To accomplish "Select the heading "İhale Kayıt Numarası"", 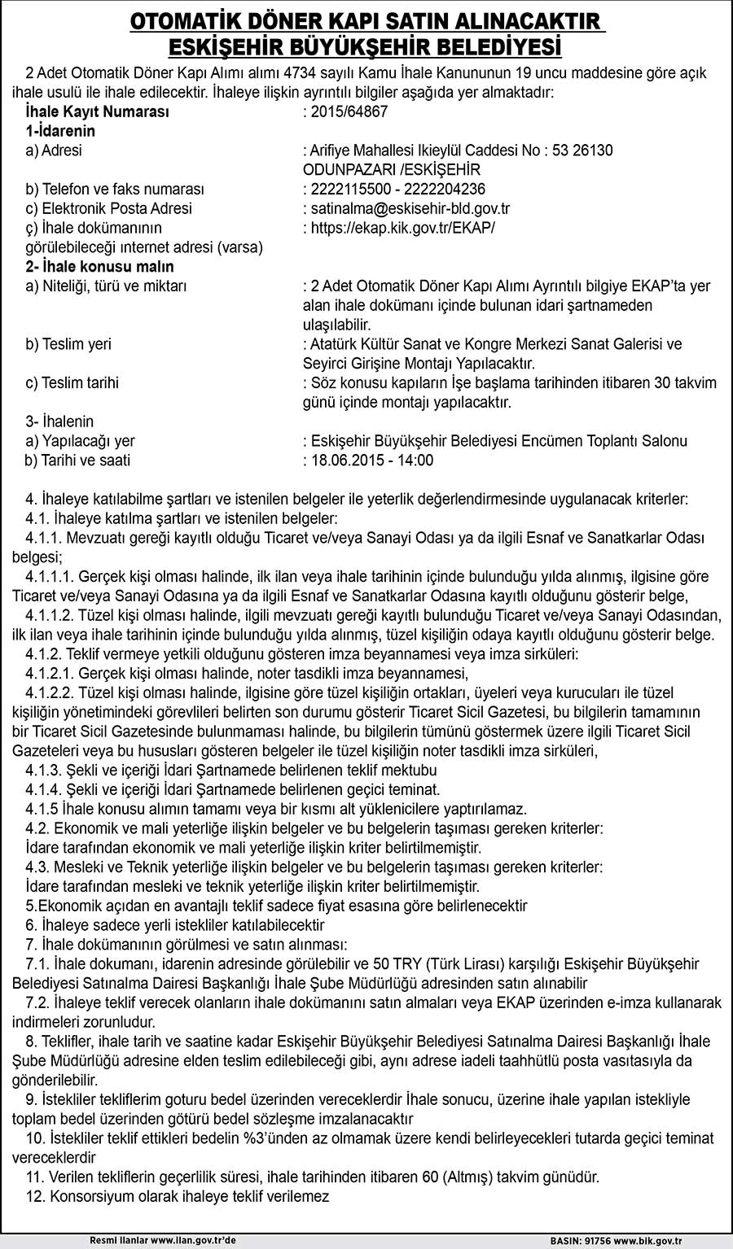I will tap(97, 112).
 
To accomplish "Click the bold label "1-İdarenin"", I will tap(60, 131).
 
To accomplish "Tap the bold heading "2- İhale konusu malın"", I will tap(99, 267).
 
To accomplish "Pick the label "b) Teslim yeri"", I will tap(68, 344).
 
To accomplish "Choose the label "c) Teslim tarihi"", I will tap(72, 382).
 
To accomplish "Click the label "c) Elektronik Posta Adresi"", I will tap(108, 209).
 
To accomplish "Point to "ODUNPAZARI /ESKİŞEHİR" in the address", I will tap(391, 170).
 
